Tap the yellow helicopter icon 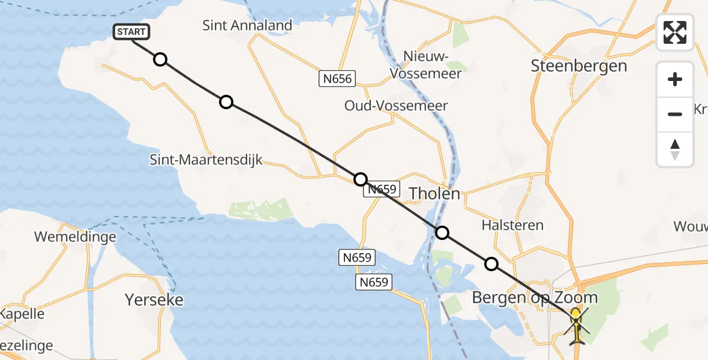point(576,325)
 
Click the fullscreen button point(675,32)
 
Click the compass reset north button point(675,149)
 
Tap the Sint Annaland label point(247,25)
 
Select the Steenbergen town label point(579,66)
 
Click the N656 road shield point(337,78)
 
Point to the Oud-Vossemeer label point(396,106)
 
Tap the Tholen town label point(434,193)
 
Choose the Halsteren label point(512,225)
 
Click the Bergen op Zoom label point(535,297)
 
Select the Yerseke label point(154,299)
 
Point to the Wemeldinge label point(75,236)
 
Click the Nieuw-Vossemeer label point(425,65)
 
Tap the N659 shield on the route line point(382,189)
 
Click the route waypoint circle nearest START point(160,59)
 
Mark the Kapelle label point(22,314)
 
